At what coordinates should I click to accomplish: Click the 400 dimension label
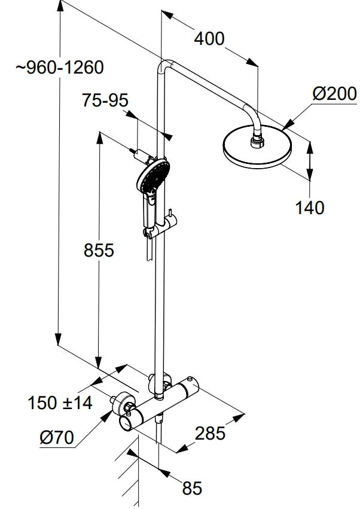coord(209,39)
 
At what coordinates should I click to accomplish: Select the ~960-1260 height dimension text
coord(60,67)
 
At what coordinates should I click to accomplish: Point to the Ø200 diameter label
coord(334,94)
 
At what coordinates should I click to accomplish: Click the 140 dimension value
coord(310,208)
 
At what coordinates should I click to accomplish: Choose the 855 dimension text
coord(97,250)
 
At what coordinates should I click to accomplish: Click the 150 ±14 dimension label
coord(60,403)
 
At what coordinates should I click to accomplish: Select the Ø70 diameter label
coord(57,438)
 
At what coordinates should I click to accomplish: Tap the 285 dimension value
coord(210,432)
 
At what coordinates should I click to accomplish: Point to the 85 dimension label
coord(192,488)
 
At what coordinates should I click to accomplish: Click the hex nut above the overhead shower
coord(257,142)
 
